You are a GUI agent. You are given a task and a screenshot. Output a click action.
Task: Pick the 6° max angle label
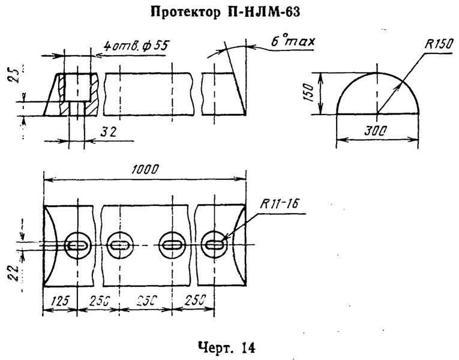(292, 43)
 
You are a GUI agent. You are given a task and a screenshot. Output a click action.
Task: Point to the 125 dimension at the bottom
(59, 299)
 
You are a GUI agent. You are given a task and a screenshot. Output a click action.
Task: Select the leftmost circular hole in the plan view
(76, 245)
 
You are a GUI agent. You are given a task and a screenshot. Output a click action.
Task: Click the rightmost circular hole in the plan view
(215, 245)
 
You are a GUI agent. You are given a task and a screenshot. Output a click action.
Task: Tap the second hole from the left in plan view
(119, 245)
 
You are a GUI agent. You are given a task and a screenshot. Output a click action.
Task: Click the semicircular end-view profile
(376, 96)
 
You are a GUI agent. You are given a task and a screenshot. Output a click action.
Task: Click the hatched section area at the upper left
(62, 96)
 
